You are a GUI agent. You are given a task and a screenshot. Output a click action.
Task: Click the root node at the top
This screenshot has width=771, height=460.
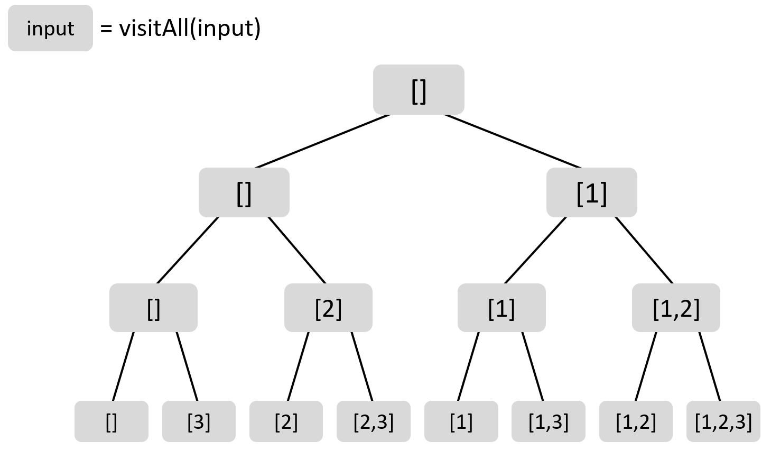pyautogui.click(x=419, y=90)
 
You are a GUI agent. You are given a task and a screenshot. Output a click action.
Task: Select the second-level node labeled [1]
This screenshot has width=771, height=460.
pyautogui.click(x=591, y=192)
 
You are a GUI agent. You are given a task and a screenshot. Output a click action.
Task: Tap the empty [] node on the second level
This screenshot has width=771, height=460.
pyautogui.click(x=244, y=192)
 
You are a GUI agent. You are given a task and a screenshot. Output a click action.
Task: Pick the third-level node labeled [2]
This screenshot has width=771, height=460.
pyautogui.click(x=328, y=308)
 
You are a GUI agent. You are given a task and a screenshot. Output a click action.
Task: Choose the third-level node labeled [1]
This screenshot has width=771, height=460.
pyautogui.click(x=501, y=308)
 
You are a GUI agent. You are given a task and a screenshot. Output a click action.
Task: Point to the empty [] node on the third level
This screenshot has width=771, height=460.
pyautogui.click(x=153, y=308)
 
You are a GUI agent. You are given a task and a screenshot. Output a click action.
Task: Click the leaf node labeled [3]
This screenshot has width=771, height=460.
pyautogui.click(x=199, y=421)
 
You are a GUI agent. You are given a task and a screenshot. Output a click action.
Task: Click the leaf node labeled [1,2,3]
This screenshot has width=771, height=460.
pyautogui.click(x=723, y=421)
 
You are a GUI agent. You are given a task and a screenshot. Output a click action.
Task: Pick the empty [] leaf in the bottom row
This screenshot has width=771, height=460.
pyautogui.click(x=111, y=421)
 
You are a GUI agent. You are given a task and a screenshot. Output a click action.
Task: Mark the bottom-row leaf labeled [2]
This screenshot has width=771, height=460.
pyautogui.click(x=286, y=421)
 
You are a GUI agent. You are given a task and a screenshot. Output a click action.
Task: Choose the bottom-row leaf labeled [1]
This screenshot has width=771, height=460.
pyautogui.click(x=461, y=421)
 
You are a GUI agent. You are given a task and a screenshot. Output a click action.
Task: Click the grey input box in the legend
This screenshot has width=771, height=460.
pyautogui.click(x=50, y=28)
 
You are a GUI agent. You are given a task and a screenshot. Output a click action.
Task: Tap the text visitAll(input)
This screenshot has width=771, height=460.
pyautogui.click(x=190, y=27)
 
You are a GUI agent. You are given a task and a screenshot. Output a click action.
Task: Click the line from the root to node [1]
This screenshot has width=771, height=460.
pyautogui.click(x=512, y=140)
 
